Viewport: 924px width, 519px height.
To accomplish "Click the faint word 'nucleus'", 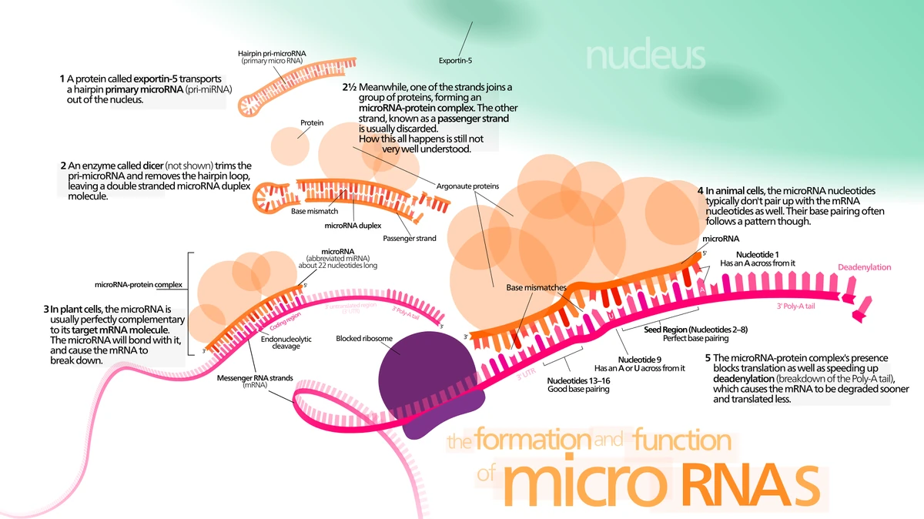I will (x=644, y=56).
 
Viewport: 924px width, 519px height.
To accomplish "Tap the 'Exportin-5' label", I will (x=454, y=60).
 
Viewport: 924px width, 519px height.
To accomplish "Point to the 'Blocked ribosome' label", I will (x=364, y=338).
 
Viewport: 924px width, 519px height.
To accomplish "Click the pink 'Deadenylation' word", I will (x=863, y=267).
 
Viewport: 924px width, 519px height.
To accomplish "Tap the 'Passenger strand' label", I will (x=409, y=238).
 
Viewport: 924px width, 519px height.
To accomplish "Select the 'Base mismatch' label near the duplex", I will (x=314, y=211).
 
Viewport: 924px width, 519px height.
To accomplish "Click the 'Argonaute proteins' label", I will (x=467, y=186).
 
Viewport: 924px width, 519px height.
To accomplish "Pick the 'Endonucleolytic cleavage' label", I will (x=286, y=342).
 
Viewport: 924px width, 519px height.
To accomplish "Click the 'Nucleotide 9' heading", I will (x=639, y=359).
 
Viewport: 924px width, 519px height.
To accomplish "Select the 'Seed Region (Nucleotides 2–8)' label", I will (x=695, y=330).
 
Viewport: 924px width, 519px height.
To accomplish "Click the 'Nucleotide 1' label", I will (x=757, y=254).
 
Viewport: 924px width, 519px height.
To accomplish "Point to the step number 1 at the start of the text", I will (x=62, y=79).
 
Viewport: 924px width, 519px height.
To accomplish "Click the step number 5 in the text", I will (x=708, y=358).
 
